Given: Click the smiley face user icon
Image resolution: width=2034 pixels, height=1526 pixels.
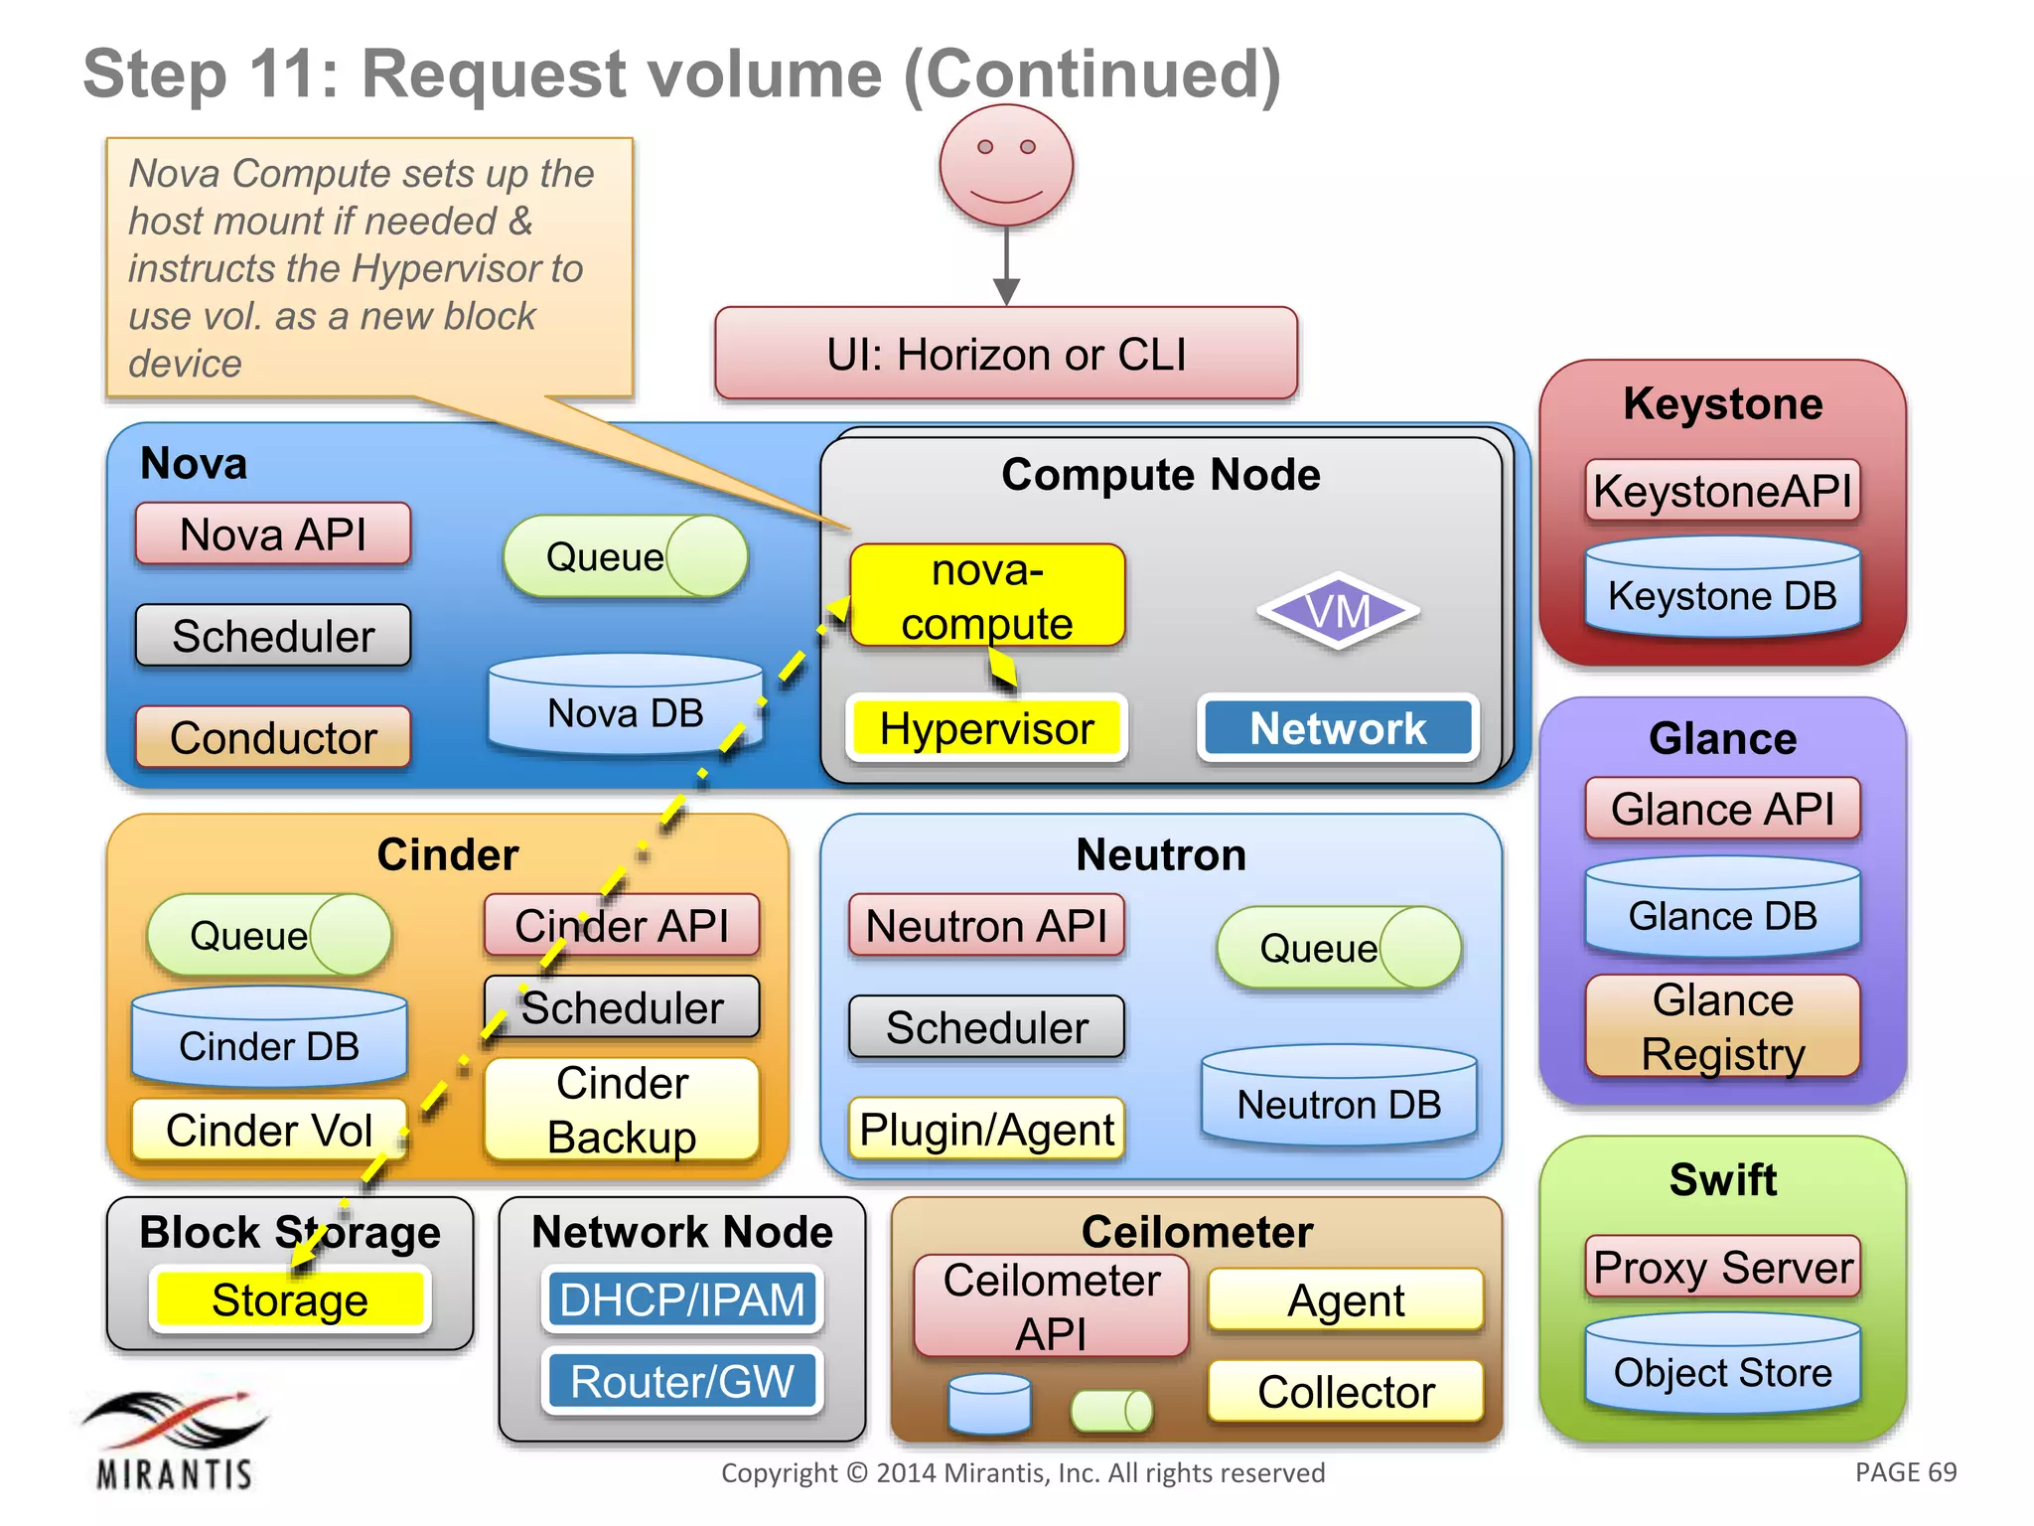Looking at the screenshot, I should pyautogui.click(x=1006, y=165).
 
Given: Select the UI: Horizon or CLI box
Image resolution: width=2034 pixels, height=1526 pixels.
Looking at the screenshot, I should pyautogui.click(x=1006, y=354).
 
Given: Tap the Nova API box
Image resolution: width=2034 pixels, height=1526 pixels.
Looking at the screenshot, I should pyautogui.click(x=273, y=534).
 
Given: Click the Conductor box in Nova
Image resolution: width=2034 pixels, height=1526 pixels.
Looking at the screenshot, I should pyautogui.click(x=273, y=737).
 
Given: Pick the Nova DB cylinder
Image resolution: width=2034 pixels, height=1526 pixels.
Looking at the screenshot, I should pyautogui.click(x=625, y=707).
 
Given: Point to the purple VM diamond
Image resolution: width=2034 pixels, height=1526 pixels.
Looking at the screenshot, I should pyautogui.click(x=1338, y=611).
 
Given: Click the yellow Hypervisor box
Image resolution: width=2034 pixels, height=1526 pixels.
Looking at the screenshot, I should pyautogui.click(x=986, y=728).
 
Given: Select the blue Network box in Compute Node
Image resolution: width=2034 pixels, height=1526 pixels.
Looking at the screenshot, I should pyautogui.click(x=1338, y=728).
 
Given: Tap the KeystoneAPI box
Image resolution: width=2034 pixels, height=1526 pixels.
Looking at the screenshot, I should pyautogui.click(x=1722, y=491).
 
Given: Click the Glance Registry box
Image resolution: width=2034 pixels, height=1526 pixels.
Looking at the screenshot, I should pyautogui.click(x=1722, y=1026).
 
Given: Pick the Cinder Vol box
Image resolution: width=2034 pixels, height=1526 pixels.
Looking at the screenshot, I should pyautogui.click(x=269, y=1130).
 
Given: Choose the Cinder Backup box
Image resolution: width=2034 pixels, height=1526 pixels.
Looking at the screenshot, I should pyautogui.click(x=622, y=1110).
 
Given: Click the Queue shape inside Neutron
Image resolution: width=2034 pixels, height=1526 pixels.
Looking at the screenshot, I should pyautogui.click(x=1338, y=948).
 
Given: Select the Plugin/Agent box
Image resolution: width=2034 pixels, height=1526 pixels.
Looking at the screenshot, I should pyautogui.click(x=986, y=1130).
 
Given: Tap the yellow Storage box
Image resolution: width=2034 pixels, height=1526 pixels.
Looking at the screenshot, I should pyautogui.click(x=290, y=1299).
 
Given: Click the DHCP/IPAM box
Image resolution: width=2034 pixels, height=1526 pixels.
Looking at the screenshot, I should pyautogui.click(x=682, y=1299).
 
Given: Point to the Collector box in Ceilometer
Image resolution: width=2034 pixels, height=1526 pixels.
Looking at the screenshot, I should pyautogui.click(x=1346, y=1391).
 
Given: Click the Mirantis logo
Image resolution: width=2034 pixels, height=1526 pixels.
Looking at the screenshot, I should pyautogui.click(x=175, y=1440).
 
